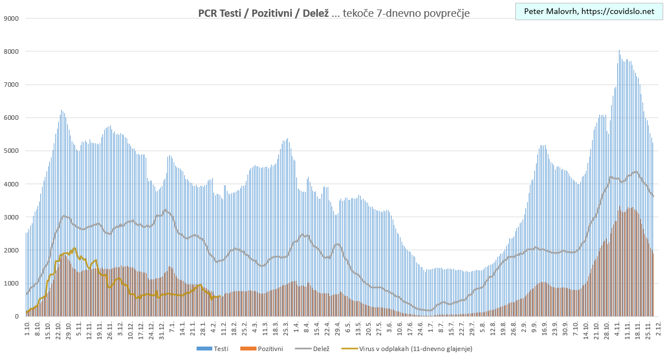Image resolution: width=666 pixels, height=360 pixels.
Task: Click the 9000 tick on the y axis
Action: coord(12,18)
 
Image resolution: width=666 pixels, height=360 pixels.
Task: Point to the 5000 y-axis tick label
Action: coord(12,151)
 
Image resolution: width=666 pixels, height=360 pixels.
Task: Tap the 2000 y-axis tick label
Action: coord(12,250)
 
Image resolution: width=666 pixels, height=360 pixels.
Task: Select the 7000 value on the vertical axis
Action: coord(12,85)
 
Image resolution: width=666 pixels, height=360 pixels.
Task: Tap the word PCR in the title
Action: coord(208,12)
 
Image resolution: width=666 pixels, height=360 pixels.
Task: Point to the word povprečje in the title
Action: coord(445,12)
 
